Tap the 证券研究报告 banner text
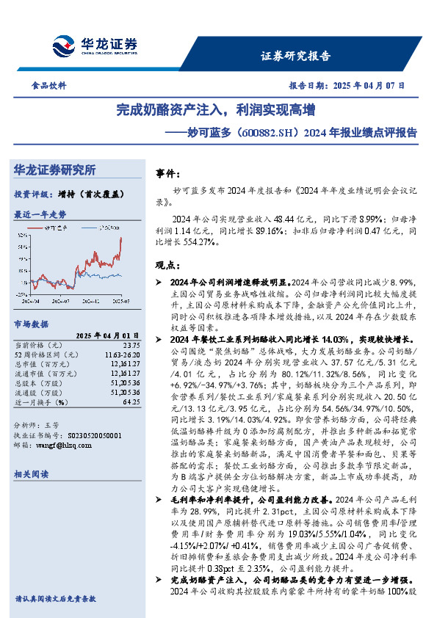(x=295, y=56)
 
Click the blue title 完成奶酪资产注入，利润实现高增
(x=216, y=111)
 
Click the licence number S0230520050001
(x=82, y=435)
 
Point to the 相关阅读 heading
(x=31, y=475)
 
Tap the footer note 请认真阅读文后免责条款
(x=55, y=599)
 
